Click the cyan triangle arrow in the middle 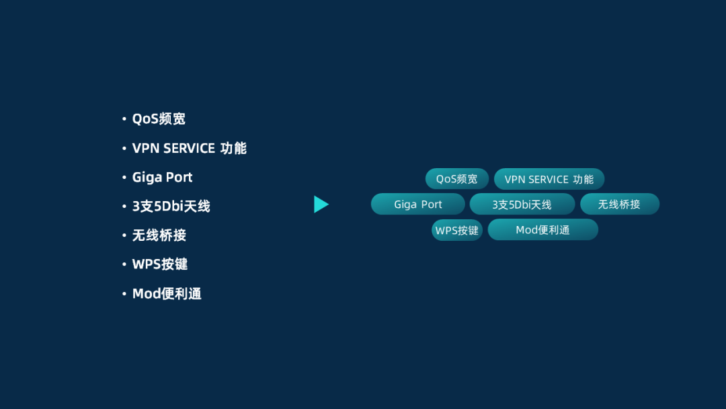(321, 204)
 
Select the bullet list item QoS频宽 (159, 119)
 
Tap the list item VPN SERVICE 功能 (190, 148)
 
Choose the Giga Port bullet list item (162, 178)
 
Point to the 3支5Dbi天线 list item (171, 207)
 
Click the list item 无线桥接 (159, 235)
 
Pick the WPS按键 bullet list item (160, 264)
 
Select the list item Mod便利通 (167, 294)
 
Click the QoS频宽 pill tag (456, 179)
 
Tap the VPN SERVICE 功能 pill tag (549, 179)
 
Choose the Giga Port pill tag (417, 204)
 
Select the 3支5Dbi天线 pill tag (522, 204)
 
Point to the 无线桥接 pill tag (619, 204)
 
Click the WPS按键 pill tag (456, 230)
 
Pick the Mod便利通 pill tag (542, 230)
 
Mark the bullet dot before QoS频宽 (124, 119)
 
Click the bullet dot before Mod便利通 (124, 294)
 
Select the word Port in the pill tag (432, 204)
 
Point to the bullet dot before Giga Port (124, 178)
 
